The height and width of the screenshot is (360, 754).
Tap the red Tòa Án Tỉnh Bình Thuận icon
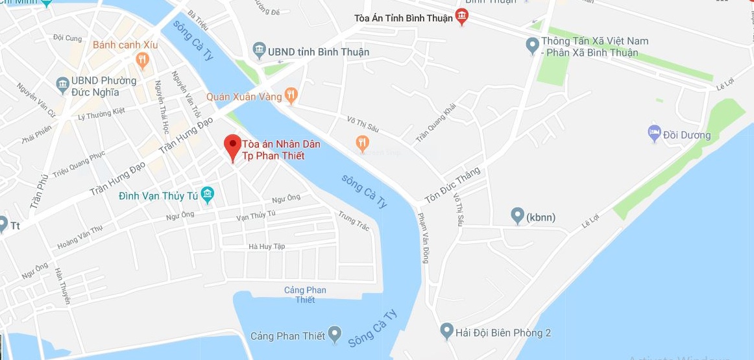(x=461, y=17)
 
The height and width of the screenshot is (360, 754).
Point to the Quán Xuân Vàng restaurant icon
(x=291, y=96)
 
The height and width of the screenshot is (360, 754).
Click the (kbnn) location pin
(x=517, y=215)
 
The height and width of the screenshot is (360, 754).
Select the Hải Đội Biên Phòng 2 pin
(x=446, y=331)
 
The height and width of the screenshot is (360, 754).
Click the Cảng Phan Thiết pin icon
(x=334, y=335)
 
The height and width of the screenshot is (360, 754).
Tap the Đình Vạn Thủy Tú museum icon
(x=208, y=194)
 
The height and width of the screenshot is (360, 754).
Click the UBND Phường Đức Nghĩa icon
(x=62, y=85)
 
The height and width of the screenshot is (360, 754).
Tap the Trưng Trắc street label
(x=354, y=221)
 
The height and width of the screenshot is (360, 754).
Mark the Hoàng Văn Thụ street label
(x=80, y=237)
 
